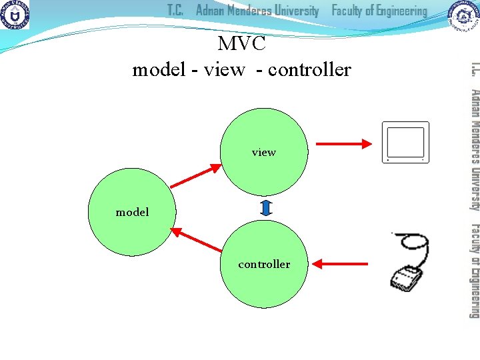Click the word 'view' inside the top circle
click(x=263, y=153)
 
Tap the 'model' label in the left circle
click(x=132, y=212)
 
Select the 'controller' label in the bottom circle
click(x=264, y=264)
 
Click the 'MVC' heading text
click(x=241, y=44)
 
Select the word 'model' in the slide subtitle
click(x=159, y=69)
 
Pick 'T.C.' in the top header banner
click(x=175, y=11)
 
